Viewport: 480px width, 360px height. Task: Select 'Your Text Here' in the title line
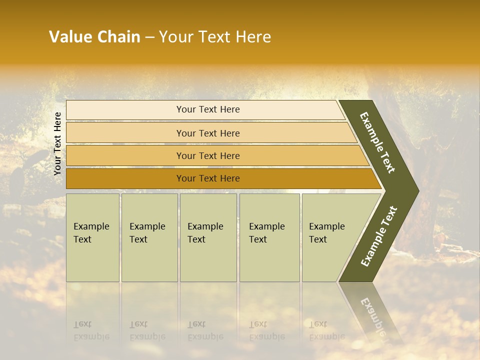tap(215, 37)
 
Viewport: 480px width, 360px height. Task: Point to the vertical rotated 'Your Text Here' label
tap(57, 143)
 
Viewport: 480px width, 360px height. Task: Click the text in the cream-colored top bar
tap(208, 109)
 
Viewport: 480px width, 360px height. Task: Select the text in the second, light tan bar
tap(208, 133)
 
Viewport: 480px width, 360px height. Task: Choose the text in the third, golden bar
tap(208, 155)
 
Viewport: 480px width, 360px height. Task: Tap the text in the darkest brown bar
tap(208, 178)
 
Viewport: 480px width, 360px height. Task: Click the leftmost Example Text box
tap(92, 237)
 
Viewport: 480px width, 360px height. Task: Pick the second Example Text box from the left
tap(149, 237)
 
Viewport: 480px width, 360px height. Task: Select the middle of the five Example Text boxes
tap(207, 237)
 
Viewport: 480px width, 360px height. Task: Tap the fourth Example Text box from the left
tap(269, 237)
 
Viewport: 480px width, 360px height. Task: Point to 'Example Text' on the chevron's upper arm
tap(377, 142)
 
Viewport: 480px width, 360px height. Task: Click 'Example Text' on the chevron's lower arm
tap(378, 236)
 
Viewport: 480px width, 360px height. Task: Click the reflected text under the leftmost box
tap(91, 331)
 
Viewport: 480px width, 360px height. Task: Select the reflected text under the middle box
tap(205, 331)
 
